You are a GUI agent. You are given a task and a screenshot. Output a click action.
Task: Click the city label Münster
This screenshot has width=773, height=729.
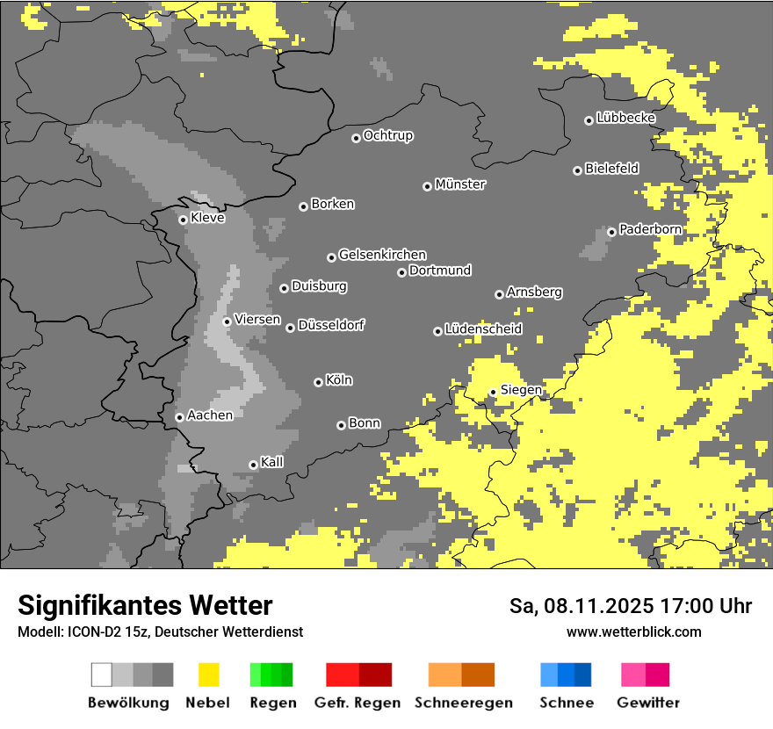[x=460, y=184]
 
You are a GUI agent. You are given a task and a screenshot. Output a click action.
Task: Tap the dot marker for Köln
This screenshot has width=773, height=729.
[x=318, y=382]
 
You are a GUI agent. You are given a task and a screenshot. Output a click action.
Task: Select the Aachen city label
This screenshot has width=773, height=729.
[x=210, y=415]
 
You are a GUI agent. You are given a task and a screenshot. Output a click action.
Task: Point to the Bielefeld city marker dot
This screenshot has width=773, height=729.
[x=577, y=170]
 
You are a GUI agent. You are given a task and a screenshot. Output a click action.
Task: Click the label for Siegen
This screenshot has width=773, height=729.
[x=521, y=390]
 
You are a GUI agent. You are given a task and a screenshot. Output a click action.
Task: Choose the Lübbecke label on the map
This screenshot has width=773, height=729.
[x=625, y=118]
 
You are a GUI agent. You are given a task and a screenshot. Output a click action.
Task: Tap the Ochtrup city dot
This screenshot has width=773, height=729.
[x=356, y=138]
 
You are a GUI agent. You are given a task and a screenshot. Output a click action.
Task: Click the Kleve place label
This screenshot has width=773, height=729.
[x=207, y=218]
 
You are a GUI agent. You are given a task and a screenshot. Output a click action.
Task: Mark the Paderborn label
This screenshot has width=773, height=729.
[x=650, y=229]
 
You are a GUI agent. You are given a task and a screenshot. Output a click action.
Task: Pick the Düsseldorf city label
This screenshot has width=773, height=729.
[x=331, y=325]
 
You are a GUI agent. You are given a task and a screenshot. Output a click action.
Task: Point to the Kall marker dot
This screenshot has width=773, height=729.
[x=253, y=465]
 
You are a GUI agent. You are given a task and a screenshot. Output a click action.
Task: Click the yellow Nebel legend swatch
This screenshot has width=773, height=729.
[x=208, y=675]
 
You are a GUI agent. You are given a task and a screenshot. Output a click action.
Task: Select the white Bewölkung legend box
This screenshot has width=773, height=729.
[x=101, y=675]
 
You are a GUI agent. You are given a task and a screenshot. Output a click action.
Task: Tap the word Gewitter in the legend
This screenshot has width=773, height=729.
[x=648, y=703]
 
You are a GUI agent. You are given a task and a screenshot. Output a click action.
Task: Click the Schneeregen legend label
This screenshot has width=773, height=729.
[x=463, y=703]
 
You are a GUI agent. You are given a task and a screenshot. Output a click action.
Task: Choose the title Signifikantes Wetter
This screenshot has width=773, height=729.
[x=145, y=605]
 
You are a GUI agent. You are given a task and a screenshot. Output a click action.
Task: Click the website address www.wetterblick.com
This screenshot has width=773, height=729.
[x=633, y=632]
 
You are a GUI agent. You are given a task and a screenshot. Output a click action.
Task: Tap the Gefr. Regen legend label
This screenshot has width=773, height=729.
[x=357, y=703]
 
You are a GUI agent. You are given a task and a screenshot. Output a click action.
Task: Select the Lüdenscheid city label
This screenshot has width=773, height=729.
[x=483, y=329]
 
